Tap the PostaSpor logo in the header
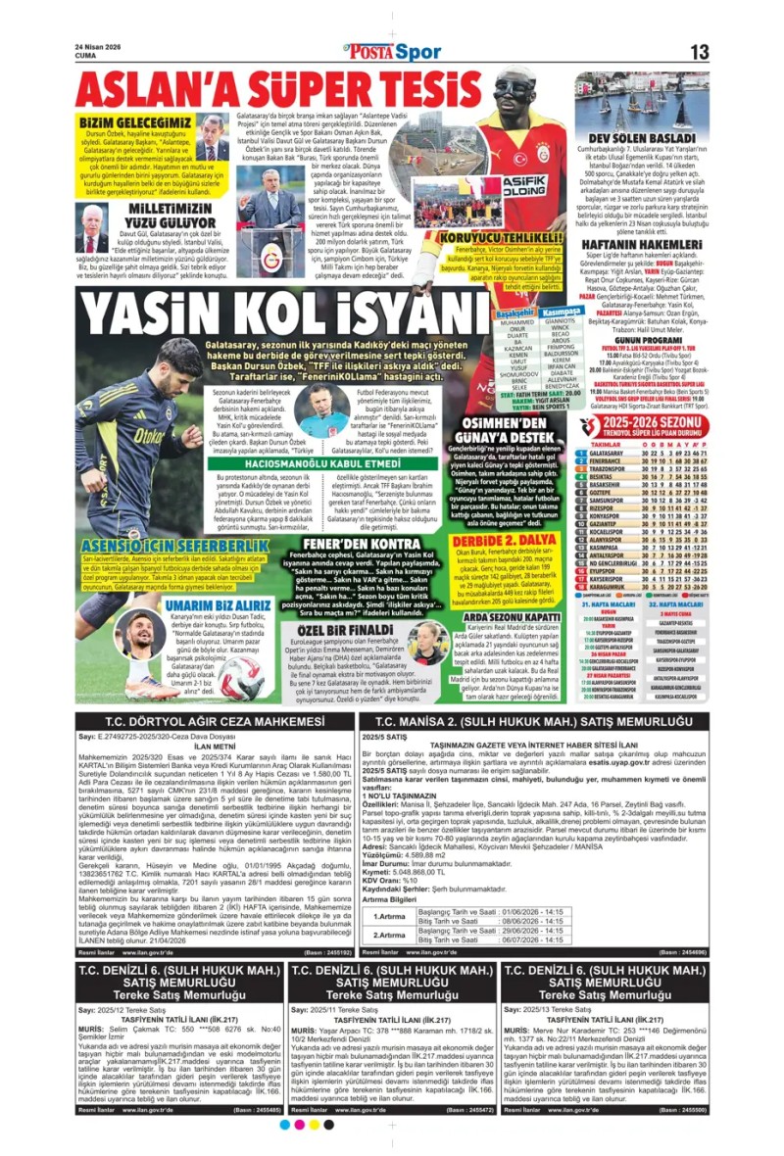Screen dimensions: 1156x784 391,52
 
